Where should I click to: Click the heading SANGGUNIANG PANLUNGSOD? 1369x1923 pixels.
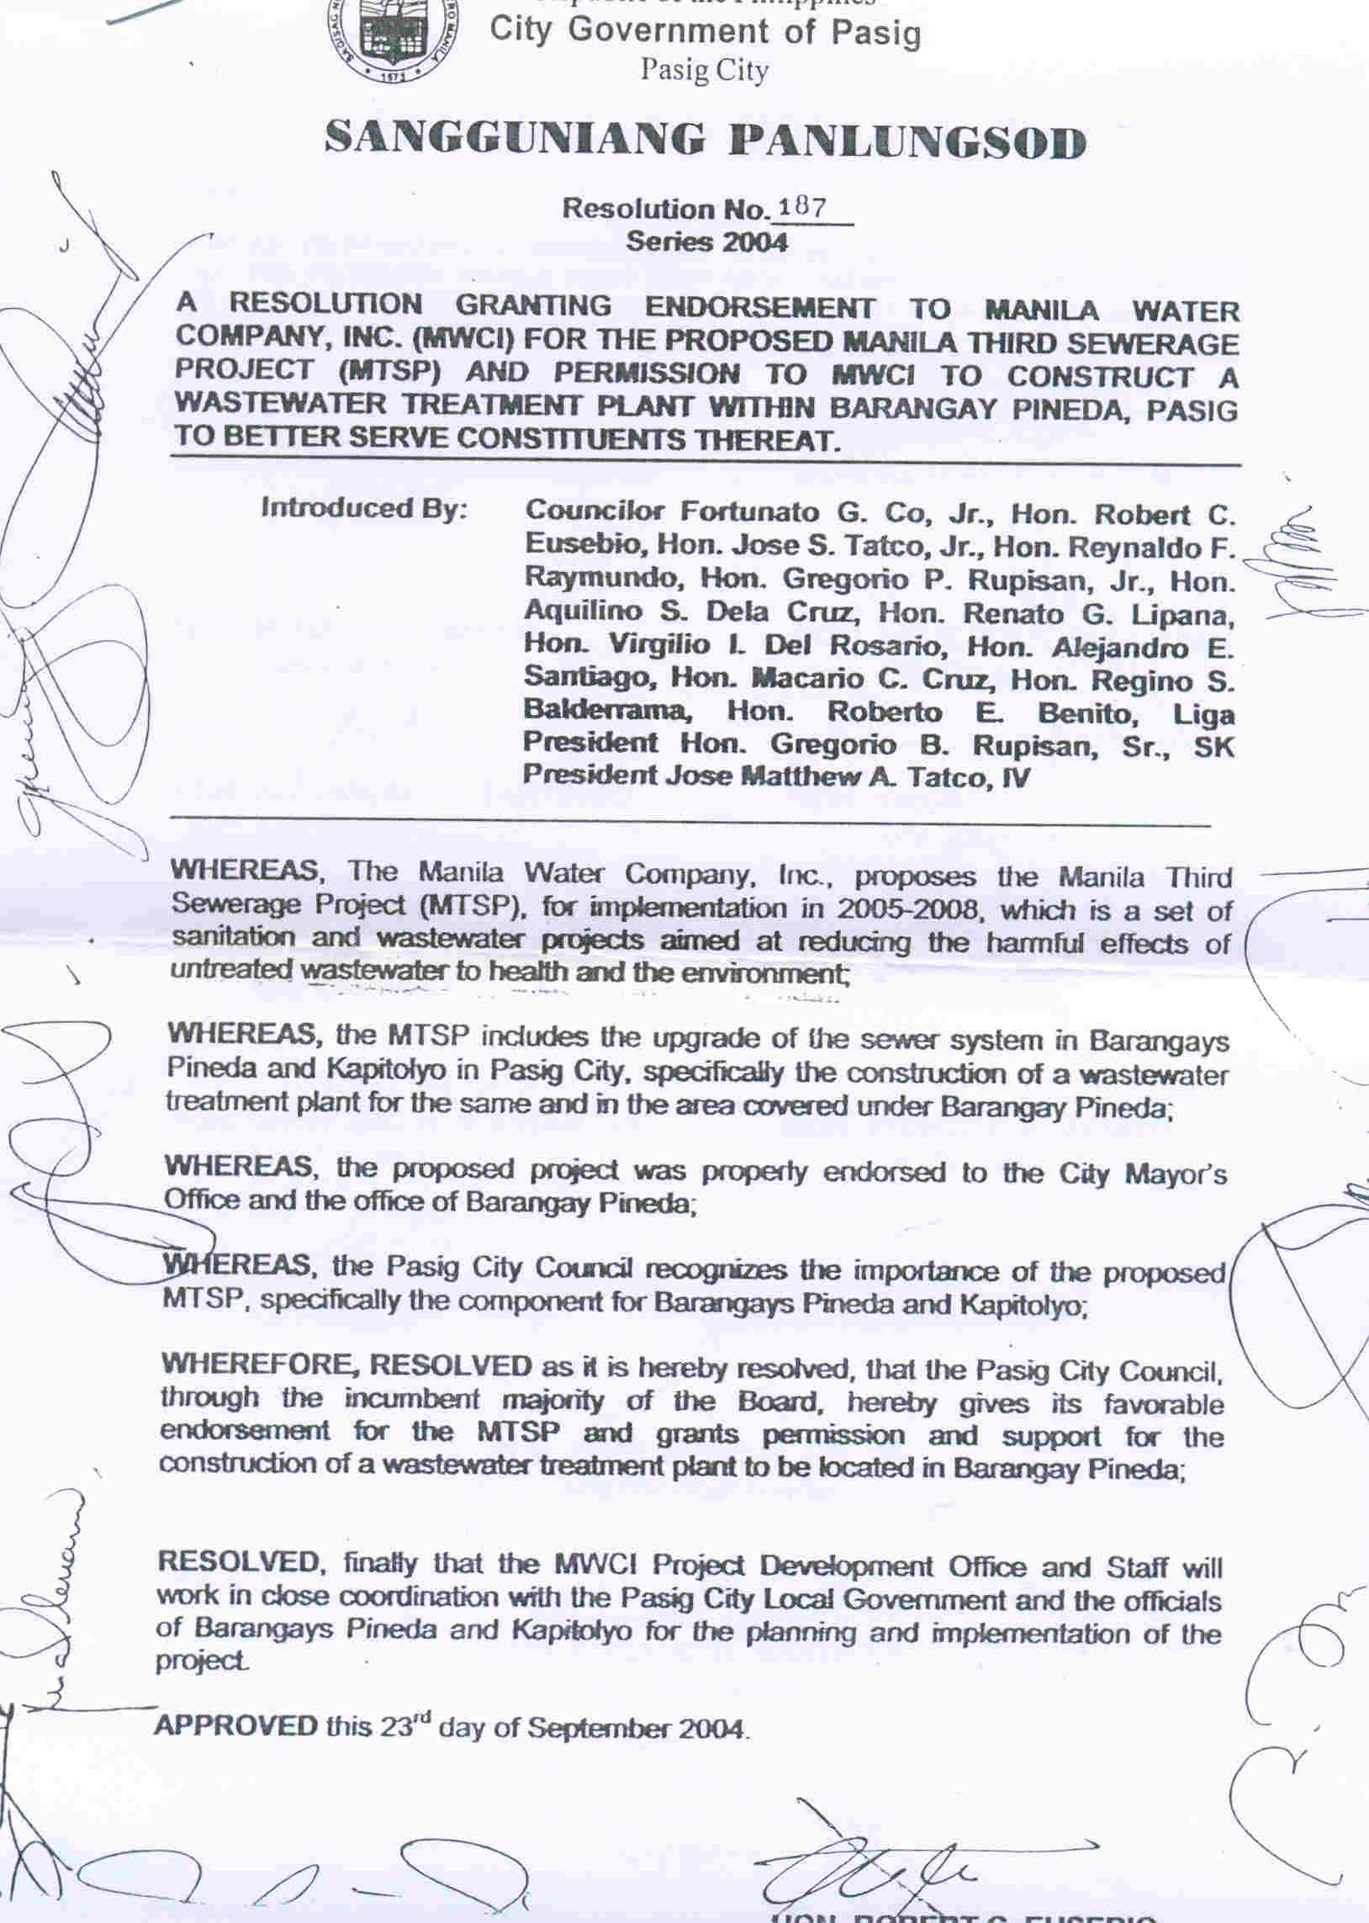(x=705, y=140)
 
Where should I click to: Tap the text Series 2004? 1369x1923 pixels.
(x=706, y=242)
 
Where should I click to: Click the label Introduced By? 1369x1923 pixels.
(x=363, y=508)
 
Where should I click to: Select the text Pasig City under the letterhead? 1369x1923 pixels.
(x=704, y=70)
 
